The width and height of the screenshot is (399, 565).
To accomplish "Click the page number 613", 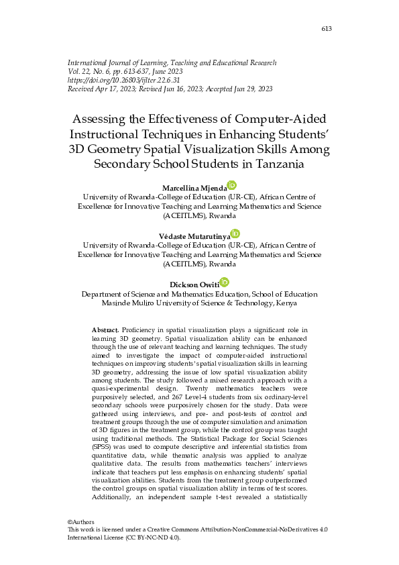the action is click(x=327, y=28).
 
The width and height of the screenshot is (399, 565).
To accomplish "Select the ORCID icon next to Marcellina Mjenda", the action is click(x=232, y=185).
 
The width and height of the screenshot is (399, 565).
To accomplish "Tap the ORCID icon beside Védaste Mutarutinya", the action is click(x=236, y=234).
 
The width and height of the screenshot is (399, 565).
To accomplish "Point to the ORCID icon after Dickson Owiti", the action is click(x=225, y=282).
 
